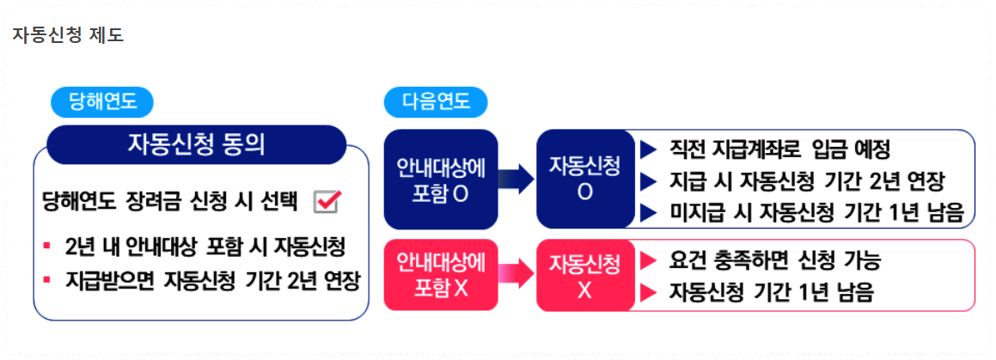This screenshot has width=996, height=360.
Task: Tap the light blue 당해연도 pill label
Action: coord(101,102)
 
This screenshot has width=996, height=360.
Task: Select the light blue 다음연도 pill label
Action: coord(436,102)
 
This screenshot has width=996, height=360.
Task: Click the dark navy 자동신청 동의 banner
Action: coord(196,144)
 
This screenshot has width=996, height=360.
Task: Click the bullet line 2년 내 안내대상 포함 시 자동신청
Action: coord(205,247)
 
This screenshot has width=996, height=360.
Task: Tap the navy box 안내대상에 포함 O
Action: coord(441,179)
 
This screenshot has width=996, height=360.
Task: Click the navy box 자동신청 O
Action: coord(584,179)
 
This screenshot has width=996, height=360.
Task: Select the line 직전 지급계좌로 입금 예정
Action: coord(779,149)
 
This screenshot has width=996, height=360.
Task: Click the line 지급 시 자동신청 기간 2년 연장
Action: coord(806,181)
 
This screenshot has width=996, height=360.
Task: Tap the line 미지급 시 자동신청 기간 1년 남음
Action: coord(816,212)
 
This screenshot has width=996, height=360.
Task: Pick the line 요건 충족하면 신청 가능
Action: coord(774,259)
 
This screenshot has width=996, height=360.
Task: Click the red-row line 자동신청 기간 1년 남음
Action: coord(771,292)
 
